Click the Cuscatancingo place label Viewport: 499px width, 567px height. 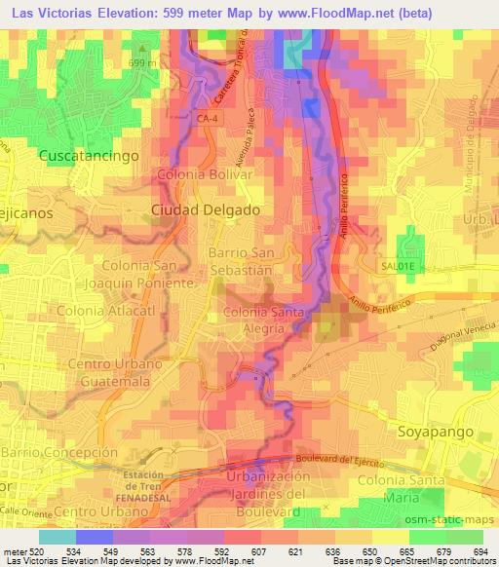point(89,155)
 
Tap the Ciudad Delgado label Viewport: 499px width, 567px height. point(205,209)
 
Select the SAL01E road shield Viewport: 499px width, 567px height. point(398,264)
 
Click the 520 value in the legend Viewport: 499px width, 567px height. point(36,550)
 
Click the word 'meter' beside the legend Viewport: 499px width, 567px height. point(13,550)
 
